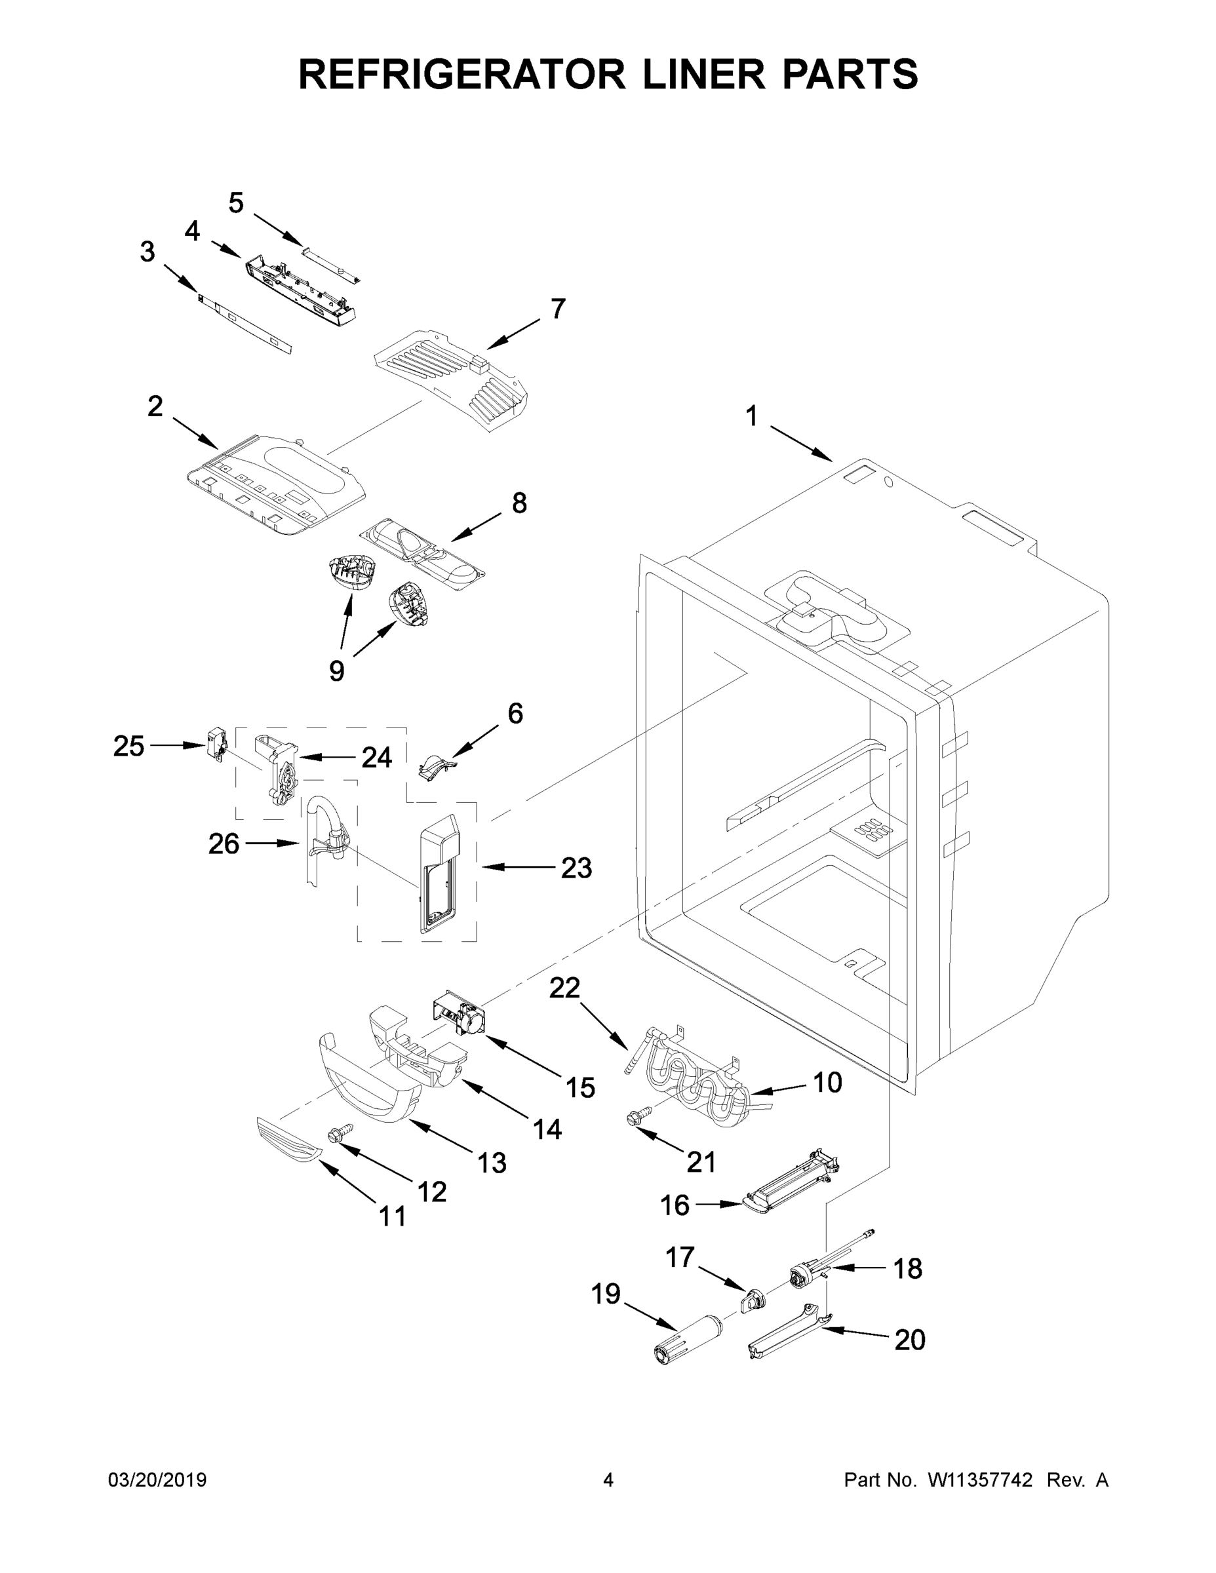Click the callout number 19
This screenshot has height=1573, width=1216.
tap(606, 1294)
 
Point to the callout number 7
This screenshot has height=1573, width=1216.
tap(558, 309)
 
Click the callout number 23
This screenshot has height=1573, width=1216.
tap(576, 868)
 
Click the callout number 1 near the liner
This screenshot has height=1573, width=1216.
tap(751, 416)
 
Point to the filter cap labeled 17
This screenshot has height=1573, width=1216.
tap(752, 1301)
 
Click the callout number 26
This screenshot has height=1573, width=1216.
tap(224, 844)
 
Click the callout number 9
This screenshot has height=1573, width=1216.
tap(336, 670)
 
